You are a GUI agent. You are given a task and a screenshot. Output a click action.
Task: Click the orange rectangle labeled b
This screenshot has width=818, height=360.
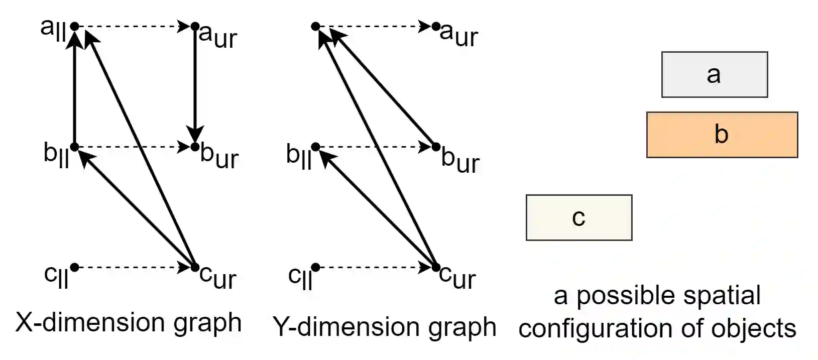pyautogui.click(x=722, y=135)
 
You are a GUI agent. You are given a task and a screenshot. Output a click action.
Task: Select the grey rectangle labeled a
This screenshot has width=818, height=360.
pyautogui.click(x=714, y=74)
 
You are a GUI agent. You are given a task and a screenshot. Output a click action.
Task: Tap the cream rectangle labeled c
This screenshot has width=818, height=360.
pyautogui.click(x=578, y=217)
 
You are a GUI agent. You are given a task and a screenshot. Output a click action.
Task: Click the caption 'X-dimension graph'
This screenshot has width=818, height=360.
pyautogui.click(x=129, y=322)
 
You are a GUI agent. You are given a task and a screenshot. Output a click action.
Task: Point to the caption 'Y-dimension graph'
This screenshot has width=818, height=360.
pyautogui.click(x=385, y=327)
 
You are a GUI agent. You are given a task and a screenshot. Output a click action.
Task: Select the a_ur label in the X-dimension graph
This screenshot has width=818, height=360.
pyautogui.click(x=218, y=36)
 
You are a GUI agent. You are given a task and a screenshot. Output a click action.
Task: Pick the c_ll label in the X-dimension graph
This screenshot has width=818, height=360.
pyautogui.click(x=56, y=276)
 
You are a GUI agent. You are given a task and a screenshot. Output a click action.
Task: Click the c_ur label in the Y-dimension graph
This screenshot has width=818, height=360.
pyautogui.click(x=457, y=277)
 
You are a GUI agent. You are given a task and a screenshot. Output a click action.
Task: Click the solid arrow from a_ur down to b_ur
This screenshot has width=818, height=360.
pyautogui.click(x=195, y=85)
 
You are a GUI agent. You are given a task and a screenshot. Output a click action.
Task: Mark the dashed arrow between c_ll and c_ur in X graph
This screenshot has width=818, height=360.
pyautogui.click(x=133, y=267)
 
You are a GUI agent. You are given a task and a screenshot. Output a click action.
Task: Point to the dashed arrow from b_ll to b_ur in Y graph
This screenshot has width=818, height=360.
pyautogui.click(x=374, y=147)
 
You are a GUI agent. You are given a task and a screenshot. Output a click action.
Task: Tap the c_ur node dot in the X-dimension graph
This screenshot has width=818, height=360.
pyautogui.click(x=195, y=267)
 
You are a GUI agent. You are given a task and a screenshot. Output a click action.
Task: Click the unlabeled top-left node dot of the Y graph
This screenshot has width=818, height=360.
pyautogui.click(x=315, y=26)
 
